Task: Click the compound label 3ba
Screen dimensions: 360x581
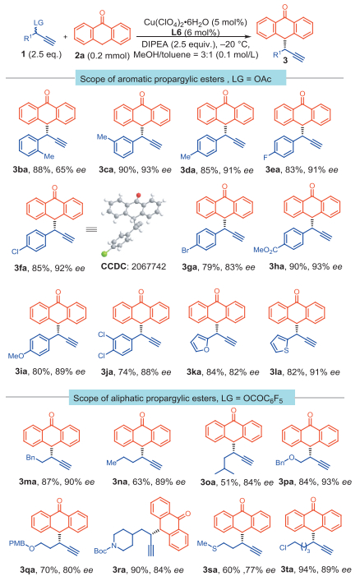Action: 21,170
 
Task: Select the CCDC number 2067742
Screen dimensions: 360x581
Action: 148,266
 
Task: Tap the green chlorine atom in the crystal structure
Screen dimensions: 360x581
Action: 105,254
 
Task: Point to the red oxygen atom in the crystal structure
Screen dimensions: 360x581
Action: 138,195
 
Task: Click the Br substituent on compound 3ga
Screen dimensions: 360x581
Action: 186,250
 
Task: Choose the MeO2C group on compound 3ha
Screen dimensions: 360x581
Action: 265,250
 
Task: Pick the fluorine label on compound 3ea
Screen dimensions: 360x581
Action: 265,158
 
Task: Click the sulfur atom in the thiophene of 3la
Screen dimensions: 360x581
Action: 286,350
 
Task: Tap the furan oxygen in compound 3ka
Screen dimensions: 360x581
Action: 206,349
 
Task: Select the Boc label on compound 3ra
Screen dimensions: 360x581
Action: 100,551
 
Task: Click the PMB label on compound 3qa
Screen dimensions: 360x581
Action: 17,543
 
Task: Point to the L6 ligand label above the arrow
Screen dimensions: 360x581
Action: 176,32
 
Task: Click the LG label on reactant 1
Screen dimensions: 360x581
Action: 39,22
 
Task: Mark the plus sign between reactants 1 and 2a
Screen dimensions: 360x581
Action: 66,36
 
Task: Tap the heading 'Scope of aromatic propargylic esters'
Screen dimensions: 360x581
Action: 152,79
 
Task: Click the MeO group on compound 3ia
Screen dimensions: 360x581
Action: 16,356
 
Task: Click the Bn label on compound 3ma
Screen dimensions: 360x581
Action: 30,458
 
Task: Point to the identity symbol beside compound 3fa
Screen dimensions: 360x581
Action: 91,229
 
